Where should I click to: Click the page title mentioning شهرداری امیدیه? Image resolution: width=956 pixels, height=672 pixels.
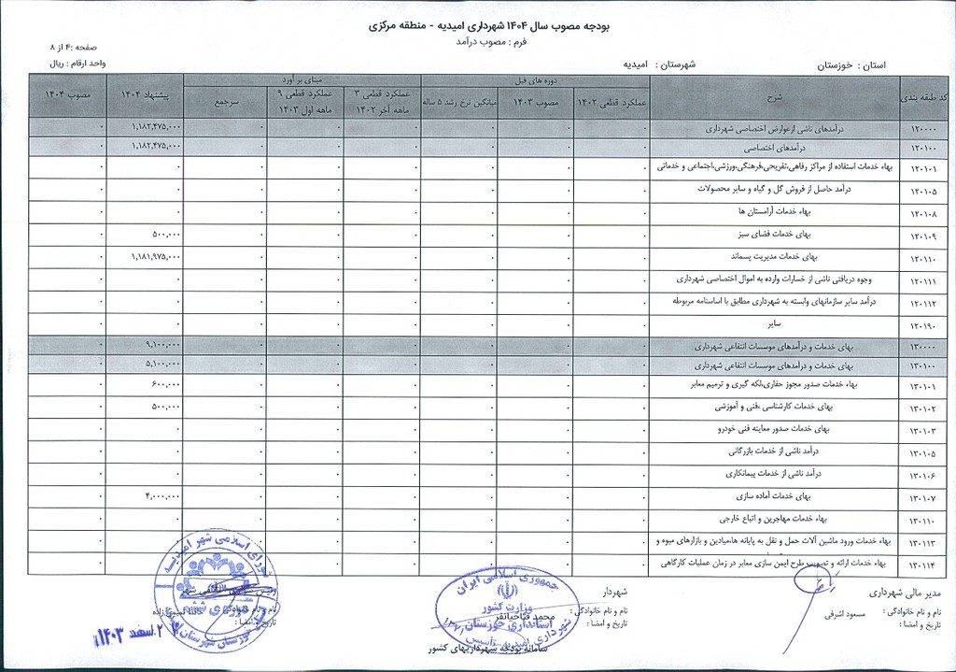pos(478,26)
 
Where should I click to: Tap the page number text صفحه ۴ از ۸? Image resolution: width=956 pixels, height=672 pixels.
pos(79,45)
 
